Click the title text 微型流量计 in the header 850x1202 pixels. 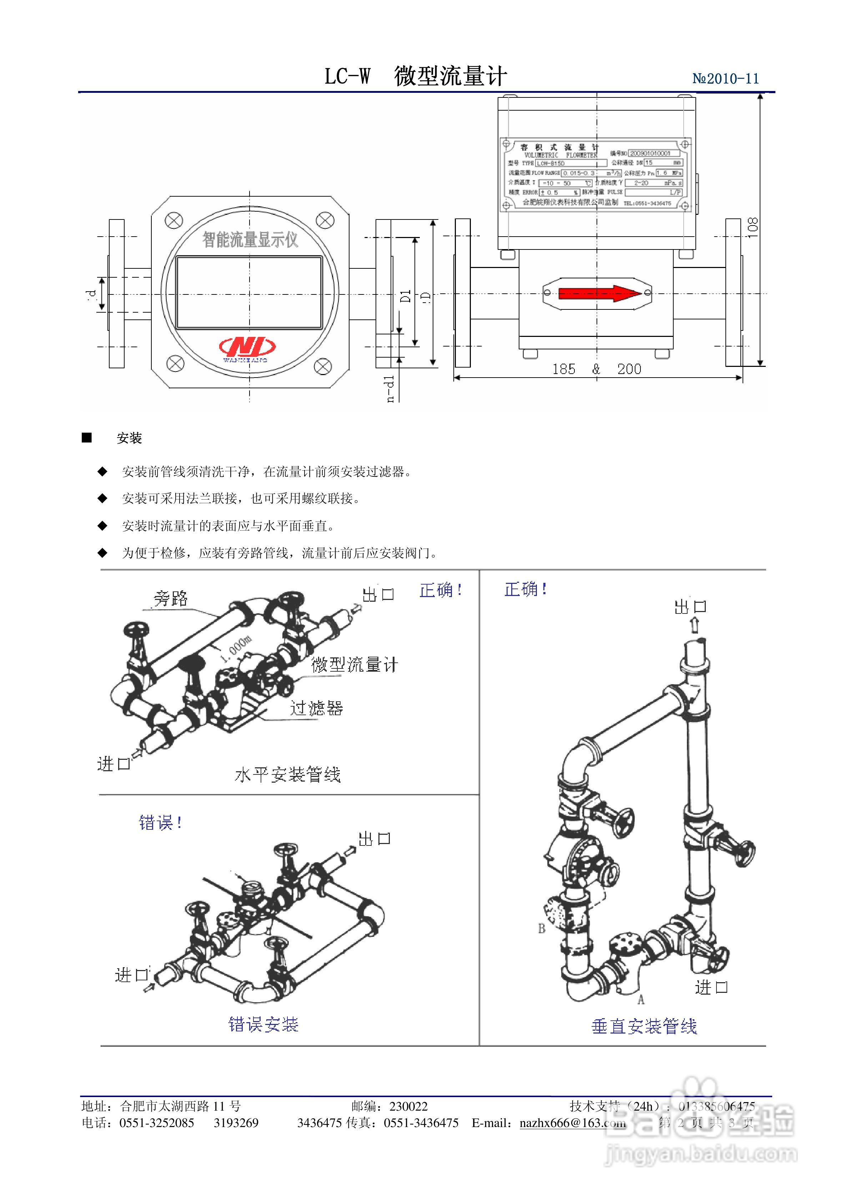click(x=451, y=76)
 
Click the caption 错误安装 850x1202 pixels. click(x=263, y=1024)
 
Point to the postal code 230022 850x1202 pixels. click(x=408, y=1106)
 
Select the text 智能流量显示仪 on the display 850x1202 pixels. click(x=250, y=240)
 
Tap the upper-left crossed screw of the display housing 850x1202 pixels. click(x=174, y=221)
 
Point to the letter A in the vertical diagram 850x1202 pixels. click(x=640, y=999)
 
